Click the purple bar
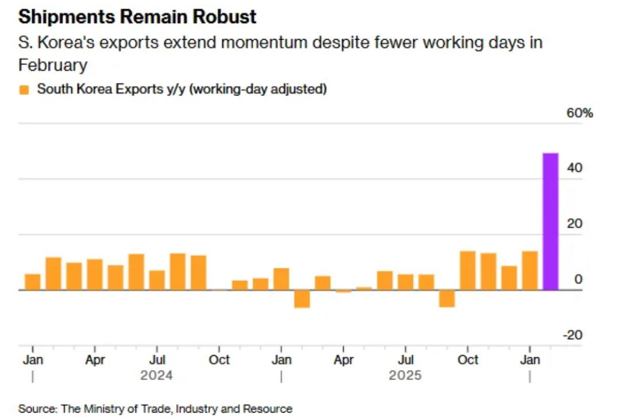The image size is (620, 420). click(551, 221)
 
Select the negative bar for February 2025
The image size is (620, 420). click(302, 299)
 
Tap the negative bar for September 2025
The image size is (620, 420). click(447, 298)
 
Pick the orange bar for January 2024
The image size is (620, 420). click(33, 282)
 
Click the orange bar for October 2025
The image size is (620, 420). click(468, 271)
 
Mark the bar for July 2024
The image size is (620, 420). click(157, 280)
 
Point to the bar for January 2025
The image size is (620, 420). click(281, 279)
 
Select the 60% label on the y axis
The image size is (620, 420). click(579, 113)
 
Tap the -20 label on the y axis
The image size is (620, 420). click(573, 335)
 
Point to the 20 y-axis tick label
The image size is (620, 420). click(575, 224)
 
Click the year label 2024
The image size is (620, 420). click(157, 376)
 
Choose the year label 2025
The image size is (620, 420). click(405, 376)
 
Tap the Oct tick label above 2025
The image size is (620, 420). click(468, 360)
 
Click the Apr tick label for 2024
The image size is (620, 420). click(95, 360)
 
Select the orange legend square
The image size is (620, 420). click(24, 90)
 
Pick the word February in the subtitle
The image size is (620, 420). click(53, 65)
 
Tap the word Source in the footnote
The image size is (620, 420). click(36, 409)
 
